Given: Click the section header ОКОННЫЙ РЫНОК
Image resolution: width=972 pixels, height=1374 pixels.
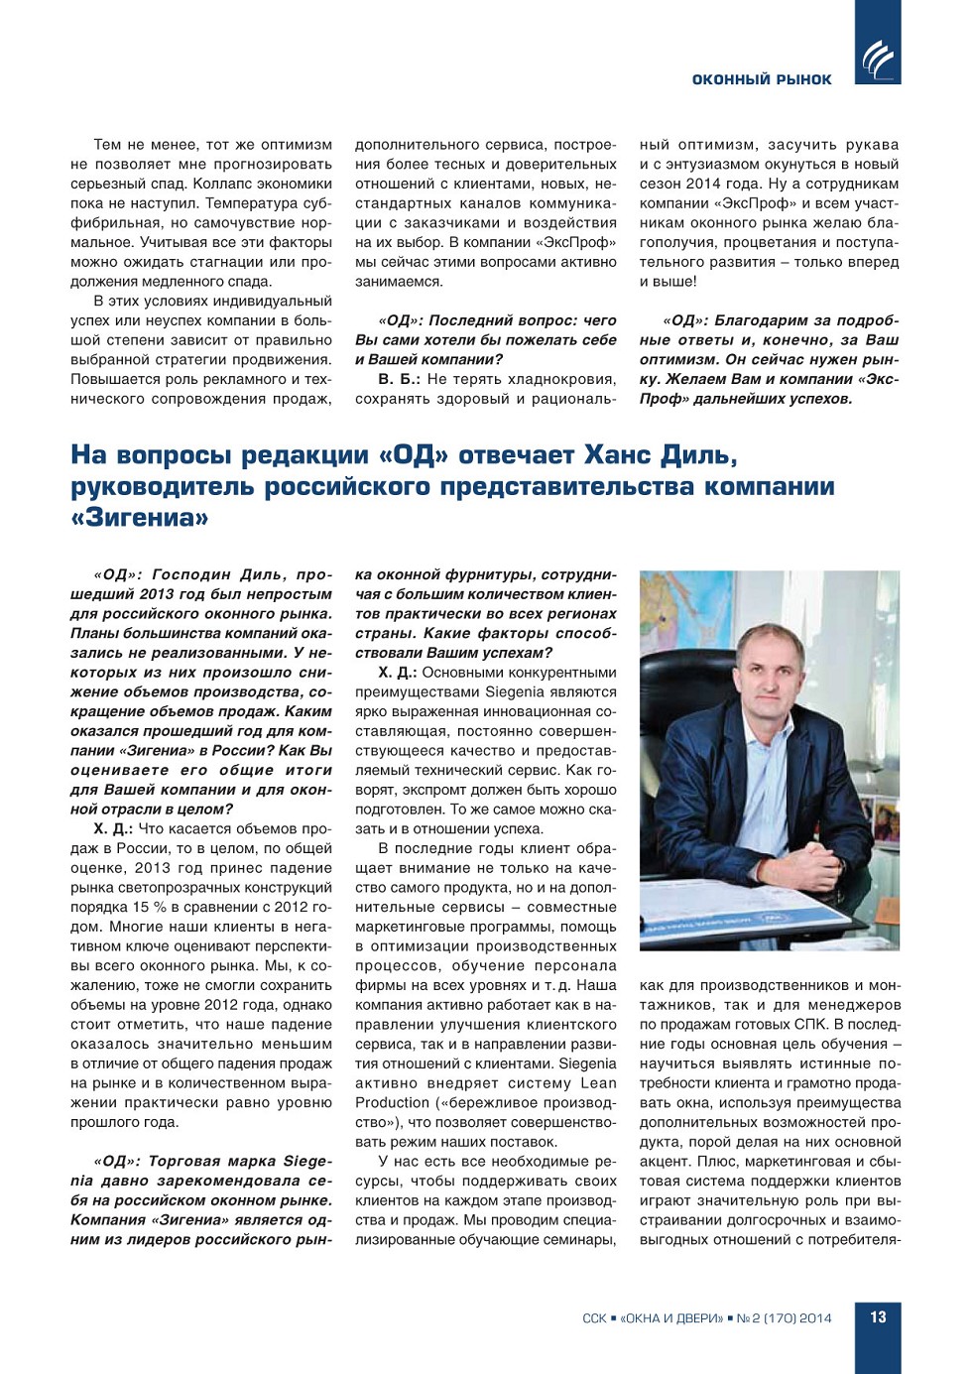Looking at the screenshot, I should (762, 79).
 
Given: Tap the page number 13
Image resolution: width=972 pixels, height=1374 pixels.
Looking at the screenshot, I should (878, 1317).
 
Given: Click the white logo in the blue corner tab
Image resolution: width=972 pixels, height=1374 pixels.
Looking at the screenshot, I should (878, 60).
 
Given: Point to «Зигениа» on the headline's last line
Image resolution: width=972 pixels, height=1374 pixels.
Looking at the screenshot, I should (140, 518).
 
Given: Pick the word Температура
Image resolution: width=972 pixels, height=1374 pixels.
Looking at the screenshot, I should (232, 203).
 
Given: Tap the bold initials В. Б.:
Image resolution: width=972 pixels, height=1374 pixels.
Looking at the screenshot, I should (398, 379).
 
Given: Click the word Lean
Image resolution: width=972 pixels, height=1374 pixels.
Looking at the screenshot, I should (598, 1083).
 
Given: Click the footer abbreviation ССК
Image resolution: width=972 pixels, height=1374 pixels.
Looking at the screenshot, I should (594, 1318).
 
